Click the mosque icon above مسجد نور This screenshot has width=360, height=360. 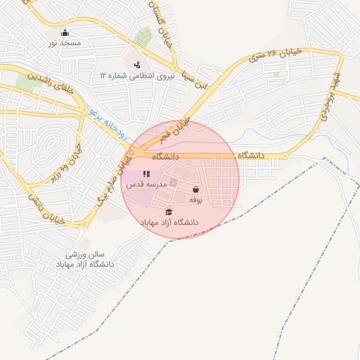pyautogui.click(x=65, y=32)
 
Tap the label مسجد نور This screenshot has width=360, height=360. pyautogui.click(x=65, y=44)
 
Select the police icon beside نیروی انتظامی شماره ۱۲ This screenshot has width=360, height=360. pyautogui.click(x=136, y=65)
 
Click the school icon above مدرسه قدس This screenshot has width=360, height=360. pyautogui.click(x=146, y=174)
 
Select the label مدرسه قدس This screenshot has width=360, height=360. pyautogui.click(x=146, y=184)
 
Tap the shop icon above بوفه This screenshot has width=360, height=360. pyautogui.click(x=195, y=189)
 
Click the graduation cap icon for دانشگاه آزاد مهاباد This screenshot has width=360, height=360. pyautogui.click(x=169, y=212)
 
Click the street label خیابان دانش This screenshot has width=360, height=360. pyautogui.click(x=47, y=209)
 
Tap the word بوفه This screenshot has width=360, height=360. pyautogui.click(x=195, y=200)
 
